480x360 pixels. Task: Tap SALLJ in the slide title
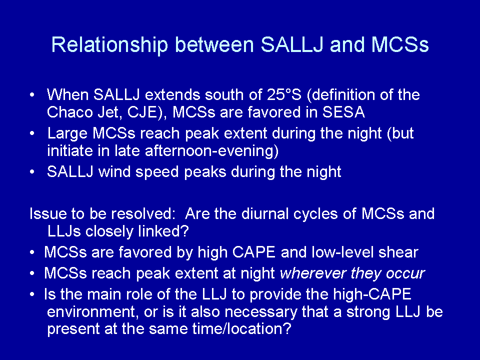tap(292, 44)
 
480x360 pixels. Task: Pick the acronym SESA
tap(344, 112)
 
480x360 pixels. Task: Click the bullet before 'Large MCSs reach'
tap(32, 133)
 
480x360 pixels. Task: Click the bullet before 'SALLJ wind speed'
tap(32, 171)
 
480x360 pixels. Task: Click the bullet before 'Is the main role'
tap(32, 294)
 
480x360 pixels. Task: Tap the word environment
tap(91, 311)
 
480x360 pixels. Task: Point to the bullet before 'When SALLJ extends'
tap(32, 95)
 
